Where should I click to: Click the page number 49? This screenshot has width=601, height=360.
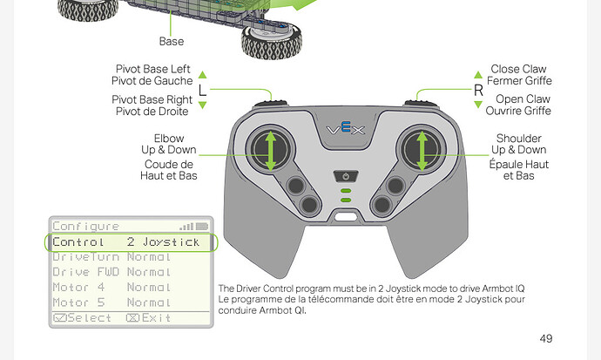click(545, 338)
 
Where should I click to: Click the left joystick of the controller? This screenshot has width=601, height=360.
click(271, 149)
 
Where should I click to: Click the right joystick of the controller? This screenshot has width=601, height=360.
click(422, 149)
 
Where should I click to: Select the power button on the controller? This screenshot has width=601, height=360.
click(346, 175)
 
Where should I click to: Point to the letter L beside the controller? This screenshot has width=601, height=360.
click(202, 91)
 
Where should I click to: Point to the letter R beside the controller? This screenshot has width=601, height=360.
click(478, 91)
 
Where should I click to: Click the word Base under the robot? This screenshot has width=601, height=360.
click(172, 41)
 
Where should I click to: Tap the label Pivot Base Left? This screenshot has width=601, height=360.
click(153, 69)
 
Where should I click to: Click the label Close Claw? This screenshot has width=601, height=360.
click(518, 69)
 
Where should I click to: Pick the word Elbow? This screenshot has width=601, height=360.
click(169, 139)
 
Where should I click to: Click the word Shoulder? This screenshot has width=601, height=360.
click(518, 139)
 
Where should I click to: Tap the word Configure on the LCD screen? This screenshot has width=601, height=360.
click(85, 226)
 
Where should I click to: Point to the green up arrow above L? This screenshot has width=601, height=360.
click(202, 75)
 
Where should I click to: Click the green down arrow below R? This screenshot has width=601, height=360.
click(478, 105)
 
